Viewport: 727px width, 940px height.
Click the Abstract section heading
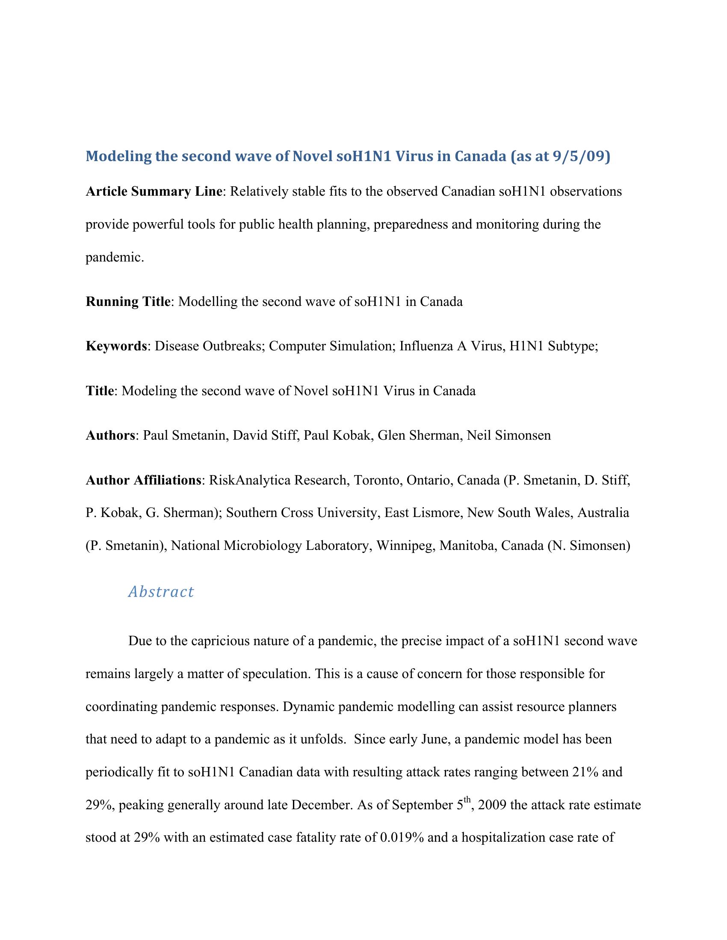coord(161,592)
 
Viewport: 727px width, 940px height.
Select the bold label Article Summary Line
coord(154,191)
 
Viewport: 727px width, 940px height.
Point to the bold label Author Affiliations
coord(143,480)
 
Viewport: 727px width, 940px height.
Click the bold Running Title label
coord(128,301)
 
